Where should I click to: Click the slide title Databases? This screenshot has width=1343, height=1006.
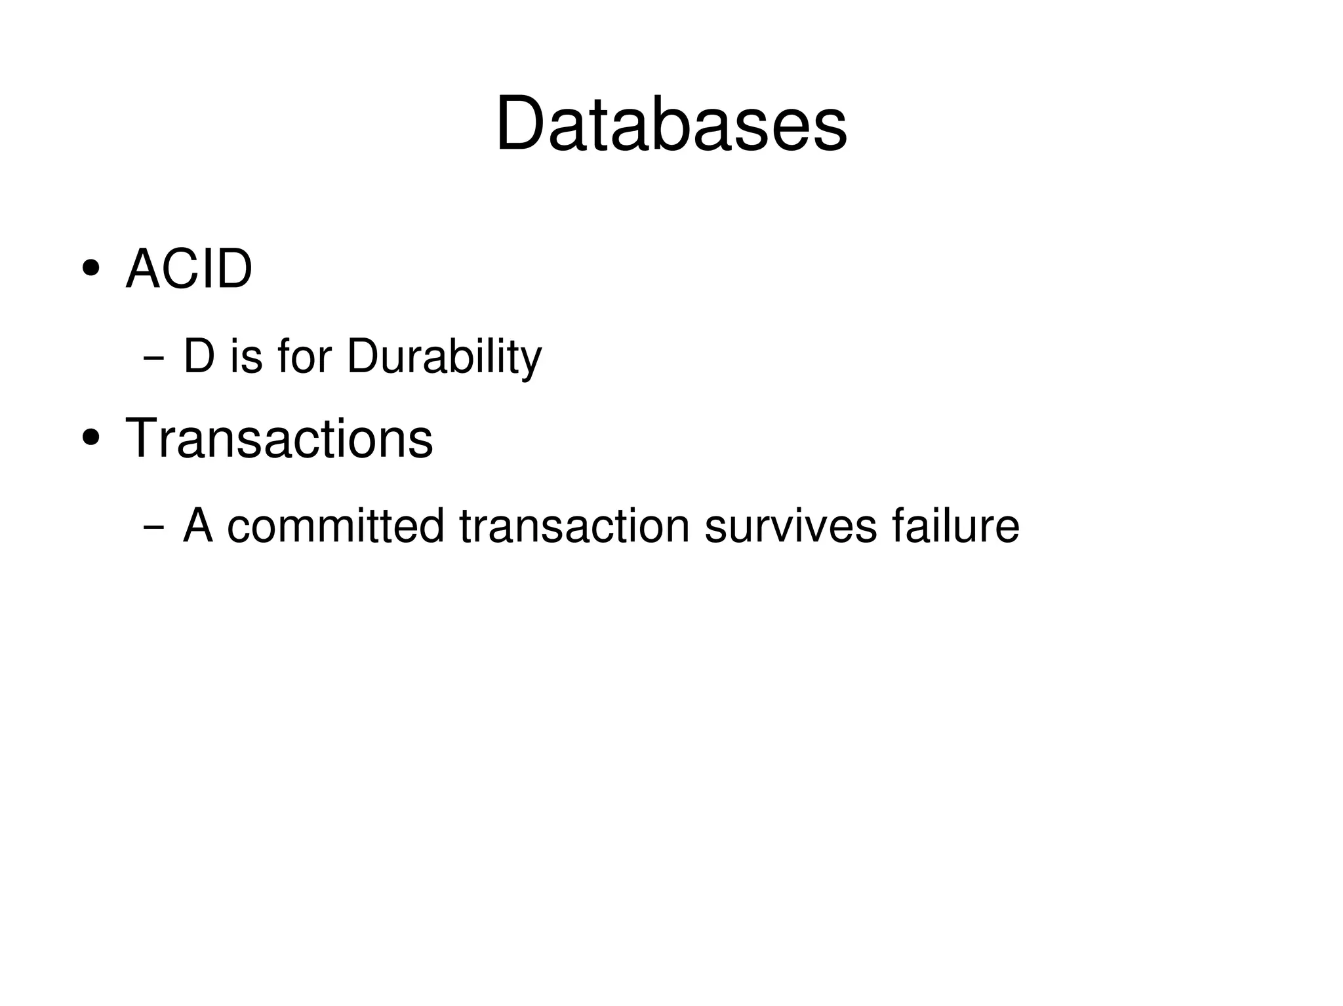(671, 125)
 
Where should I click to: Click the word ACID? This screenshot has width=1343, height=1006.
(189, 269)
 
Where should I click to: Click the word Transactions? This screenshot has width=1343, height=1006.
(279, 438)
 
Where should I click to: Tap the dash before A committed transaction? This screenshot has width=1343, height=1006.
(153, 527)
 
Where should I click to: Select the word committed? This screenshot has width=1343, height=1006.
(335, 526)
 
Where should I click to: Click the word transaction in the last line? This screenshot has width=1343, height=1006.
(574, 526)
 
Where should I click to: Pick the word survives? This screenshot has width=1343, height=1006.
(790, 526)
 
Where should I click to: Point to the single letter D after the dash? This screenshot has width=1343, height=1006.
(199, 357)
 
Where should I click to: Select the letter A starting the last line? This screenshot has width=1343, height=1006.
(198, 526)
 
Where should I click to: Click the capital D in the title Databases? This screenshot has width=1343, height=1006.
(521, 125)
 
